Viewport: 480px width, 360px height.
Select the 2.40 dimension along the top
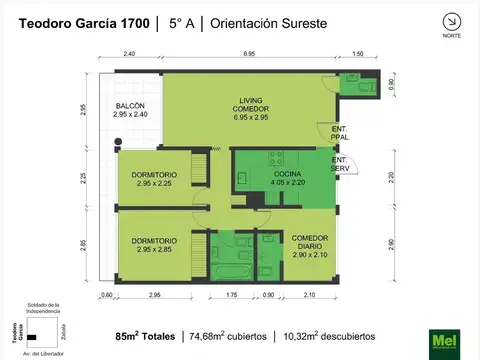[x=130, y=53]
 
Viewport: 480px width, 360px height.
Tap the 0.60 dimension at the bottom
[x=107, y=296]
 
